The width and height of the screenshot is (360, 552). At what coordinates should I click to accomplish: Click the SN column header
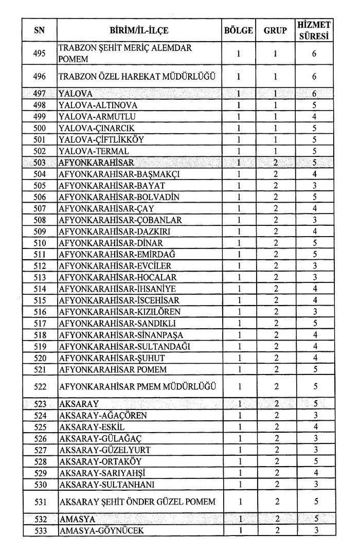tap(39, 30)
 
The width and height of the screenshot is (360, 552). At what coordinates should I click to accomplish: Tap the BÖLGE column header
tap(239, 30)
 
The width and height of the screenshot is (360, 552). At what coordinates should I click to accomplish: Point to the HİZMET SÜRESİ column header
tap(314, 30)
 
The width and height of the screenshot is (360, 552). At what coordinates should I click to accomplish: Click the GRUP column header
tap(275, 30)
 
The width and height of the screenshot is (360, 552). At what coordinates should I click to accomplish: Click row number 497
tap(39, 94)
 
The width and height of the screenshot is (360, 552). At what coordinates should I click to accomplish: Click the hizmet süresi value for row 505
tap(314, 186)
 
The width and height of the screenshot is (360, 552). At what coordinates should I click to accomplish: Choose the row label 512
tap(39, 266)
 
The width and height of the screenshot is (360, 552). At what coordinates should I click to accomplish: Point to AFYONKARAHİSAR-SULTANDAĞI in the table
tap(124, 347)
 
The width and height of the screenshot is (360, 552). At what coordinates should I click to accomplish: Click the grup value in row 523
tap(276, 404)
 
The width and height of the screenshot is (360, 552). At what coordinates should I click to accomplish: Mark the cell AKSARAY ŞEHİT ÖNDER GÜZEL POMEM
tap(136, 502)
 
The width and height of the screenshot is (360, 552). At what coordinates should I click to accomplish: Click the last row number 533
tap(39, 530)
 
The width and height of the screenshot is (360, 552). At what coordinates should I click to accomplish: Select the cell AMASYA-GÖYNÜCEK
tap(101, 530)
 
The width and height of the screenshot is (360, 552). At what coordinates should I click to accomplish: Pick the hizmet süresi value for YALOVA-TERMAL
tap(314, 151)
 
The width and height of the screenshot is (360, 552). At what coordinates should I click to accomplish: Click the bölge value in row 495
tap(239, 54)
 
